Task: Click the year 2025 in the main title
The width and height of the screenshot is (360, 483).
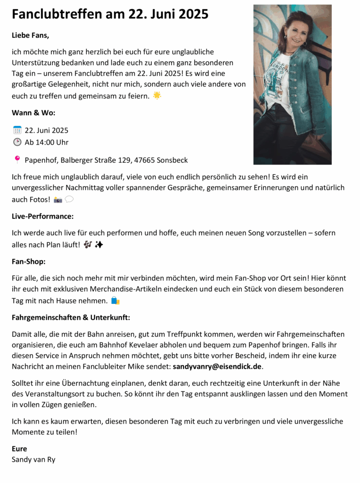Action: click(192, 14)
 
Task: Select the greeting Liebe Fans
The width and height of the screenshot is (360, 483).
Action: click(30, 35)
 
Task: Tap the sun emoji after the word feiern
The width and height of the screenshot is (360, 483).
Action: click(157, 96)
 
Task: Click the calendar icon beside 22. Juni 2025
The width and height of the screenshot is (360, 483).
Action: click(17, 130)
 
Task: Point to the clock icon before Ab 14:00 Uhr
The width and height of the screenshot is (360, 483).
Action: click(17, 142)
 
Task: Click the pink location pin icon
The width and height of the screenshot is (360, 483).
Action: click(17, 160)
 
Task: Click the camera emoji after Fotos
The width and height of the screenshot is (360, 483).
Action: click(58, 200)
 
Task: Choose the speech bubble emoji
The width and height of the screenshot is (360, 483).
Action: click(69, 200)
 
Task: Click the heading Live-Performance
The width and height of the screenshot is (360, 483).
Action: click(42, 217)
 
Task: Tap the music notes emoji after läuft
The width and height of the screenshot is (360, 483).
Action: click(88, 245)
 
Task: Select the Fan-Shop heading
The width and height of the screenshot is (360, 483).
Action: click(28, 261)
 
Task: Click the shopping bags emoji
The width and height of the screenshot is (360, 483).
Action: click(115, 300)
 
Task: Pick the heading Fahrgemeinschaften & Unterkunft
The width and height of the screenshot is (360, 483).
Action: click(71, 317)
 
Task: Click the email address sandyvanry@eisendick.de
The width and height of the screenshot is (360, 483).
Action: click(217, 366)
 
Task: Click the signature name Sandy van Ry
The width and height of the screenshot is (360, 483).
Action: click(33, 459)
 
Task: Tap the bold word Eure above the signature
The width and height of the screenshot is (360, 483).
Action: click(19, 449)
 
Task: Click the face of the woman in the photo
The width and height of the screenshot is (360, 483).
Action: click(296, 32)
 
